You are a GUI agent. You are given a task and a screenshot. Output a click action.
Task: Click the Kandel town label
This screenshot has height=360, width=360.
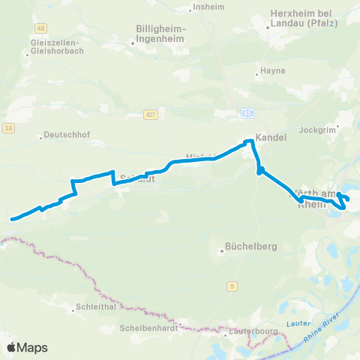click(267, 139)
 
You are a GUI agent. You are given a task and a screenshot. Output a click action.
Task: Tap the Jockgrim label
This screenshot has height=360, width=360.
click(315, 130)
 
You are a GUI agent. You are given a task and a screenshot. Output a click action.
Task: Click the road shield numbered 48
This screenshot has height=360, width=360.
click(39, 28)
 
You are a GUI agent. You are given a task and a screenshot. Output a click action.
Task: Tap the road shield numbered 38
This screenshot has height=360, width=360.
click(7, 128)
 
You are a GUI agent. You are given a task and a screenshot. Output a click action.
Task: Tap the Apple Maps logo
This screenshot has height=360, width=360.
click(27, 347)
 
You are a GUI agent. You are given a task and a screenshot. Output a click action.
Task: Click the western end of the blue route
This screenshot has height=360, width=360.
click(11, 219)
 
